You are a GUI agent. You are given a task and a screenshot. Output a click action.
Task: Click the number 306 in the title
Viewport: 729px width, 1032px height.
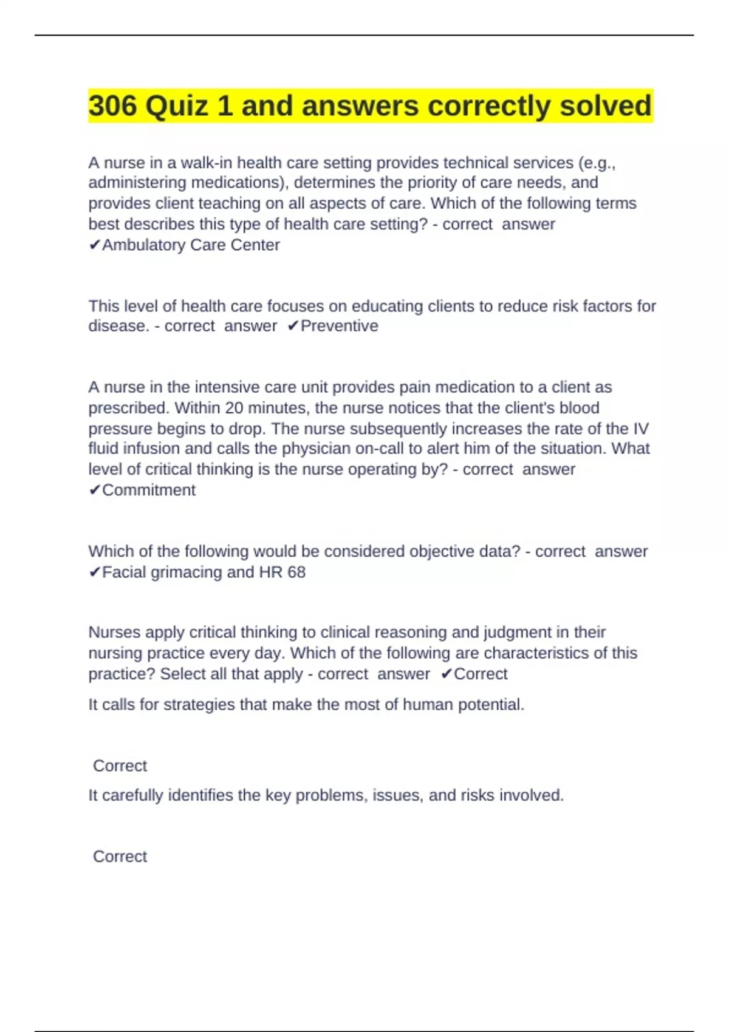pos(113,106)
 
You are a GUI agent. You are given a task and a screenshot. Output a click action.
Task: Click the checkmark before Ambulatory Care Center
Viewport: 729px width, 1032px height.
pos(95,245)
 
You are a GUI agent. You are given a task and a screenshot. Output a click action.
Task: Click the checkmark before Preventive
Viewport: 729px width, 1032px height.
pos(293,326)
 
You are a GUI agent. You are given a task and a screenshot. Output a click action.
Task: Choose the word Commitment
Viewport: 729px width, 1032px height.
pos(149,490)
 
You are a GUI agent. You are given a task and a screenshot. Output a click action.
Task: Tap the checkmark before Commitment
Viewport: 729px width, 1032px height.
pos(95,490)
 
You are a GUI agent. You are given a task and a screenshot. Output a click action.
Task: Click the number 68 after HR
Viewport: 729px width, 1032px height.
pos(296,572)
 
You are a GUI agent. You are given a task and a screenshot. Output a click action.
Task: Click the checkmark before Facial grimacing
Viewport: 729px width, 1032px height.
pos(95,572)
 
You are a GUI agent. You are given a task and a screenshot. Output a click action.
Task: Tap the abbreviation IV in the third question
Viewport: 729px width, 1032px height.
pos(641,429)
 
